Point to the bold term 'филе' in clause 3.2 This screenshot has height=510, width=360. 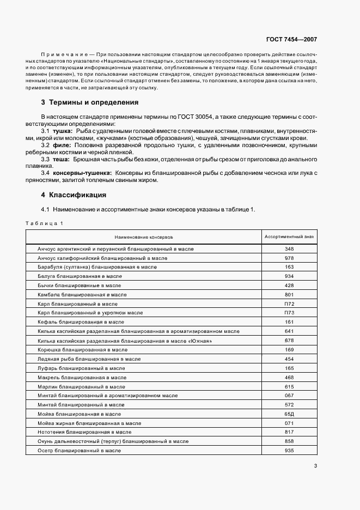(61, 145)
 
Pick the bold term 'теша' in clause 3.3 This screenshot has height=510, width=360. (61, 160)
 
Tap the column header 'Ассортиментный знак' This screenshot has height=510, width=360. (289, 237)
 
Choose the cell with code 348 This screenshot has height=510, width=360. (289, 248)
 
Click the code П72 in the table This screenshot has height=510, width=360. (289, 303)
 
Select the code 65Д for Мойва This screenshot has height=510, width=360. (289, 414)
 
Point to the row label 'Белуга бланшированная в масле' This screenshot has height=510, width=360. (80, 276)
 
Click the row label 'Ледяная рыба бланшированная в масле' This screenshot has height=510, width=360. (89, 359)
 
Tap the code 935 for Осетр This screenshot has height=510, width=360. (289, 451)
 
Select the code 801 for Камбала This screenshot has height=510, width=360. (289, 295)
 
